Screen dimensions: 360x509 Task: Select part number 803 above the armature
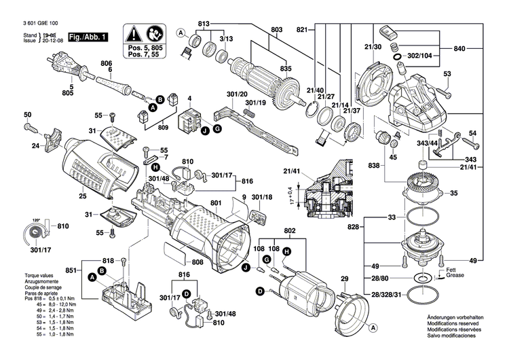coord(276,30)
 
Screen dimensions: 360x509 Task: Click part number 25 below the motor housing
coord(82,196)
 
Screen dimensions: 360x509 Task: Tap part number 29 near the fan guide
coord(344,280)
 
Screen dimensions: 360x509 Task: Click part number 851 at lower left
coord(71,270)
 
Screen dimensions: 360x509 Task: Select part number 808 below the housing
coord(197,262)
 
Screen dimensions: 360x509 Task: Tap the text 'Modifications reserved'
coord(455,325)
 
